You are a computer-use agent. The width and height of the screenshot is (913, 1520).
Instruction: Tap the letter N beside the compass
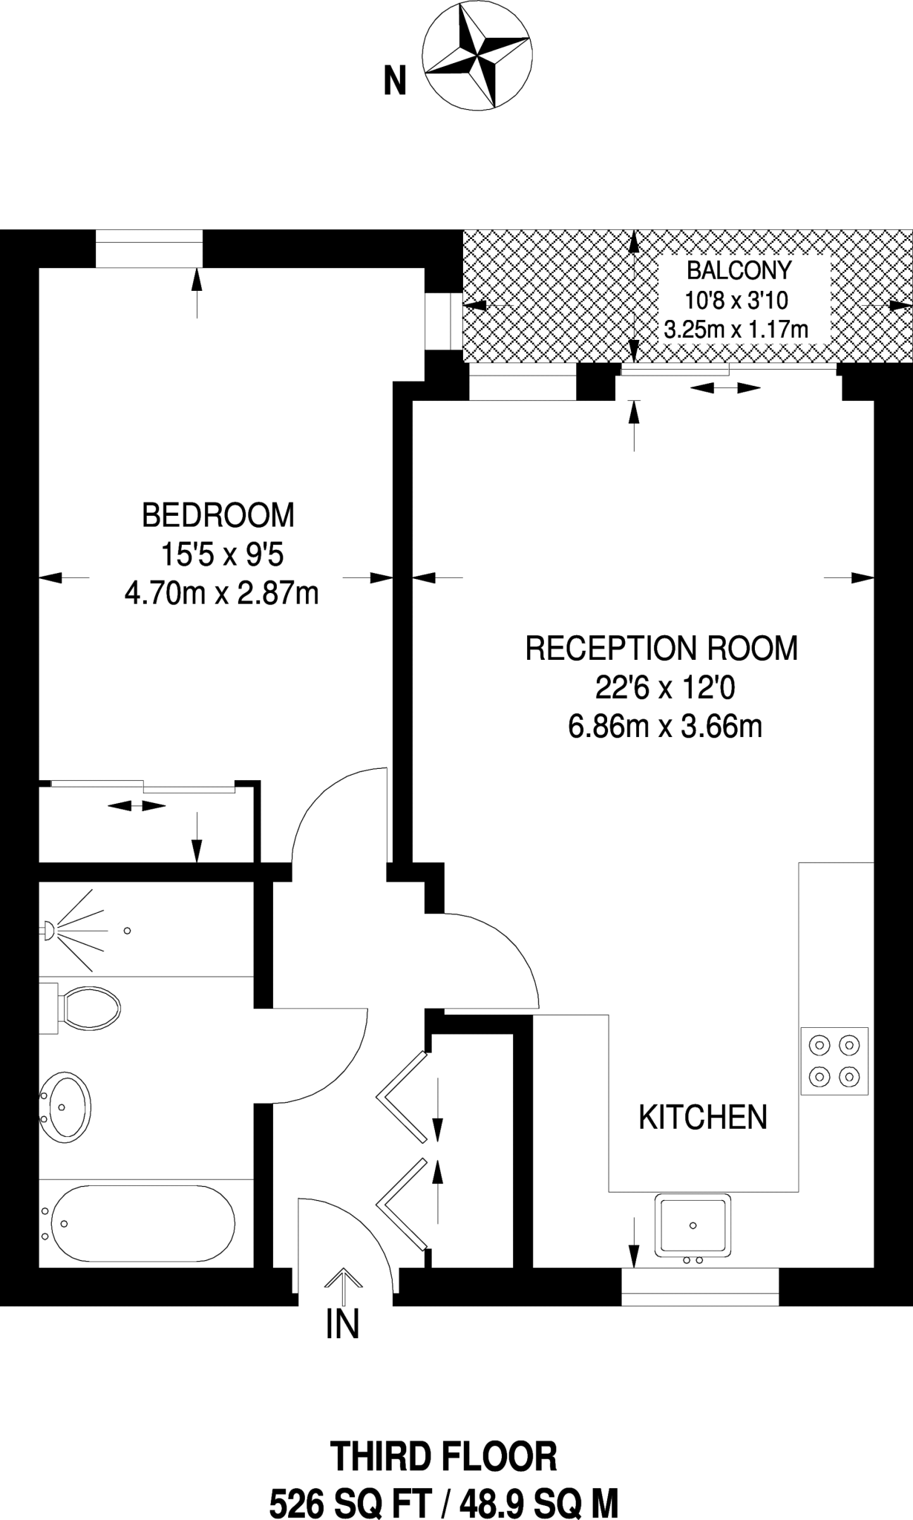[395, 80]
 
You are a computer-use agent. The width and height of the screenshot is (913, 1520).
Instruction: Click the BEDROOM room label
[218, 515]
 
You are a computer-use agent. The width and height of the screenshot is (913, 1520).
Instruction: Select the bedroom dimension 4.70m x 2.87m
[221, 594]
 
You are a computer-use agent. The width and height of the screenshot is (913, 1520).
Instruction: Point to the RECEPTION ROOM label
[661, 648]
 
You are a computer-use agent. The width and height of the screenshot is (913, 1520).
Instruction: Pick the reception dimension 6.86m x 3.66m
[665, 727]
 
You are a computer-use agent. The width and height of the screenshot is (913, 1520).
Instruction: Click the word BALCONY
[739, 269]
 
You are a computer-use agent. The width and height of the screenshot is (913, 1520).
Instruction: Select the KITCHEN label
[703, 1117]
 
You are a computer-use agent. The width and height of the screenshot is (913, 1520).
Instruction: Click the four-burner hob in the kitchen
[834, 1061]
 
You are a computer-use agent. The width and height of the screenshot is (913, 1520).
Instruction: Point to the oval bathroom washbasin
[65, 1107]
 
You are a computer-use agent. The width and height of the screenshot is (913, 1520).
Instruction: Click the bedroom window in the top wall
[149, 248]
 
